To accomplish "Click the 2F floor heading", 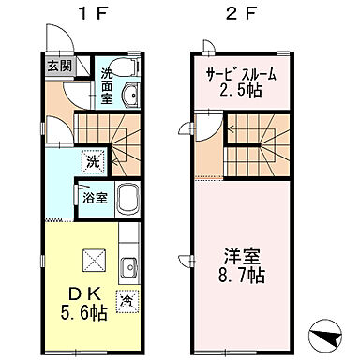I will point(238,14).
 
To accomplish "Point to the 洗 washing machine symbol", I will point(93,160).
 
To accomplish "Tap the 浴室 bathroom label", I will point(94,199).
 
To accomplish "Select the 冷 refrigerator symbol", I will point(125,301).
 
